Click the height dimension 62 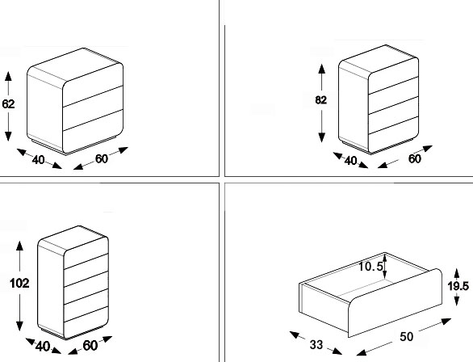click(8, 104)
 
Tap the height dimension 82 click(321, 100)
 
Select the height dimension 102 click(19, 283)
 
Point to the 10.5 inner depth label click(370, 267)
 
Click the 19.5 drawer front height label click(458, 286)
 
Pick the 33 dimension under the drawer click(316, 344)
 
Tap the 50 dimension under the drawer click(406, 337)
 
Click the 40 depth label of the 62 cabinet click(38, 160)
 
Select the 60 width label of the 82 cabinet click(414, 159)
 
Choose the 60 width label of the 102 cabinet click(90, 346)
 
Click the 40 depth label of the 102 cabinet click(43, 347)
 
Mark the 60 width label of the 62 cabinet click(102, 159)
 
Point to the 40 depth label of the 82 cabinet click(350, 161)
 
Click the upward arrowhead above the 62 click(8, 76)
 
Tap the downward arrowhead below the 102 click(19, 326)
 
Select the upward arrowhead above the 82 click(322, 69)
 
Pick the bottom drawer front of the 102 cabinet click(86, 322)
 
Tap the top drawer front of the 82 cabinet click(394, 76)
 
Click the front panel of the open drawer click(396, 302)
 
